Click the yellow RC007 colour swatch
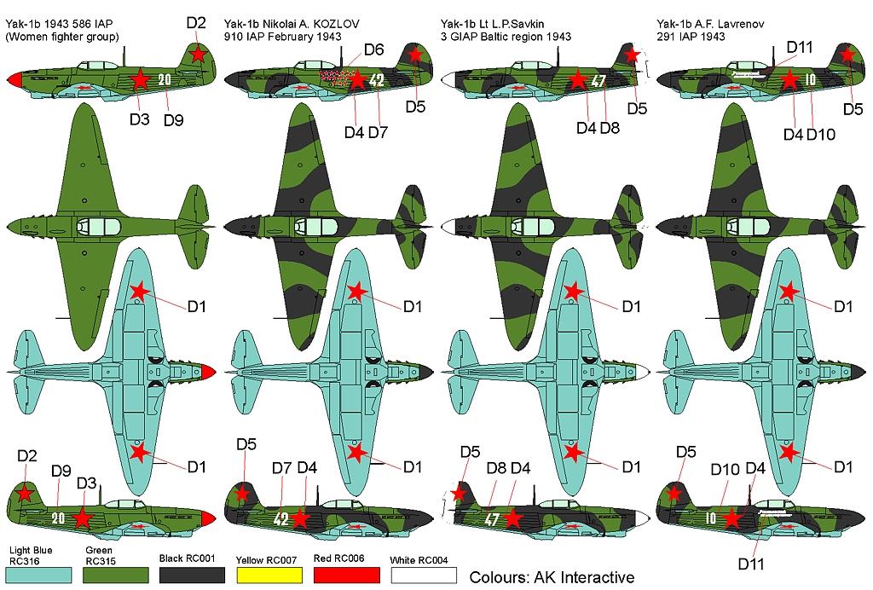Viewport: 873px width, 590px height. point(269,575)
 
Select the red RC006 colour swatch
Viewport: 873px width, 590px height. point(346,575)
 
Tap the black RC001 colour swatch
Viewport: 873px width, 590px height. point(192,575)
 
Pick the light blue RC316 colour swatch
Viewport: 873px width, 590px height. point(40,575)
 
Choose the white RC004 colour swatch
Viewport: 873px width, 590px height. point(423,575)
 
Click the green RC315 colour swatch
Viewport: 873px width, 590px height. point(116,575)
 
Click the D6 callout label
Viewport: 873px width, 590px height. point(374,50)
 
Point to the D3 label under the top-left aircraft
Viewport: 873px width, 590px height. point(139,119)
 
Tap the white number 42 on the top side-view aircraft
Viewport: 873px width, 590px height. point(377,80)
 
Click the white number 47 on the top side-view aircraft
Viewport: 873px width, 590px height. point(598,81)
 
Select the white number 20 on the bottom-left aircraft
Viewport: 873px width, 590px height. point(59,518)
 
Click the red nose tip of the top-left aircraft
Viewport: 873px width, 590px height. point(14,79)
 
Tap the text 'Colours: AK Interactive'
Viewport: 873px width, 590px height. point(552,577)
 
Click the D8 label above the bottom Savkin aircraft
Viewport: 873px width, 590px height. point(496,468)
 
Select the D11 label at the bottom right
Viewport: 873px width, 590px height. point(750,564)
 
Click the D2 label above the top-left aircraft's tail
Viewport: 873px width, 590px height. point(196,23)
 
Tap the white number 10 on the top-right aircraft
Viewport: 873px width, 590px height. point(810,79)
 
